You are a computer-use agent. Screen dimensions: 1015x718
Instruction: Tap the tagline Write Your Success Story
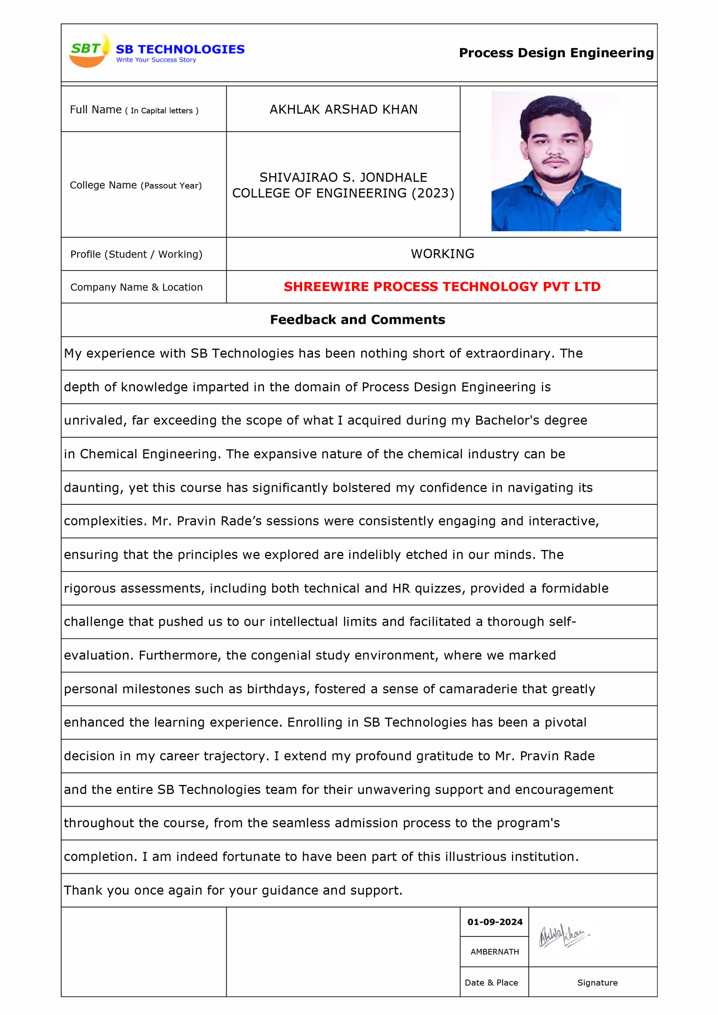pos(156,59)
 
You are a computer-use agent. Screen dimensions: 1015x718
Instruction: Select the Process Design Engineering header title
pos(556,53)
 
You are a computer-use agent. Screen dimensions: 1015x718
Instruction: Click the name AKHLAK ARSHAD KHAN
pos(343,110)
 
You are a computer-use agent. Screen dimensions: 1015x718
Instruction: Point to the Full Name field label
pos(96,110)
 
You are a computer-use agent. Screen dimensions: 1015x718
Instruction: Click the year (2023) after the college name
pos(433,193)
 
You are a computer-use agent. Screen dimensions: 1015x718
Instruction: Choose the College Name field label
pos(103,185)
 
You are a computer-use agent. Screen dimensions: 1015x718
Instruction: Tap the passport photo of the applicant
pos(556,161)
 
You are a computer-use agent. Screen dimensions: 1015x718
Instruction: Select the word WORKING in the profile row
pos(442,254)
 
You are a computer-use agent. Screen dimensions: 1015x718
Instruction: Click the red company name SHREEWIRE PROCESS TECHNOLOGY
pos(442,287)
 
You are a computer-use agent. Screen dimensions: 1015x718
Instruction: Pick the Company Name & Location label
pos(136,287)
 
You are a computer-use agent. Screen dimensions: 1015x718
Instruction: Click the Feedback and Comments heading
pos(357,320)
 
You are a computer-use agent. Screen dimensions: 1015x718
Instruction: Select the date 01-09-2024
pos(495,922)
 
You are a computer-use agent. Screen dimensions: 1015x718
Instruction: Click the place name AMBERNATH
pos(495,952)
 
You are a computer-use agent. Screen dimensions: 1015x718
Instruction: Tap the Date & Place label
pos(491,983)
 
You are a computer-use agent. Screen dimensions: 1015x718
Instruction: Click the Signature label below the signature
pos(597,983)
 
